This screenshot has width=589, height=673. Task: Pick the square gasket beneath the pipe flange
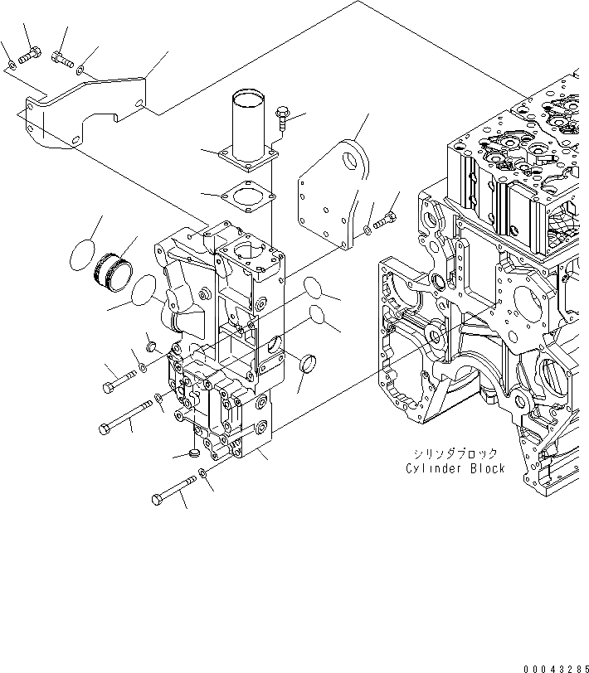(x=246, y=196)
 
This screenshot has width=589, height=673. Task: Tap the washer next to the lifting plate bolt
(x=367, y=229)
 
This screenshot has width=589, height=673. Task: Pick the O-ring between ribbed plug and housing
(x=142, y=292)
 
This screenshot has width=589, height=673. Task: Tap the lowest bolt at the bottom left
(x=173, y=489)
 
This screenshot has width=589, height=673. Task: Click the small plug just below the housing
(x=195, y=454)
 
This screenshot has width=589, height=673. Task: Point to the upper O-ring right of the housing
(x=313, y=290)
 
